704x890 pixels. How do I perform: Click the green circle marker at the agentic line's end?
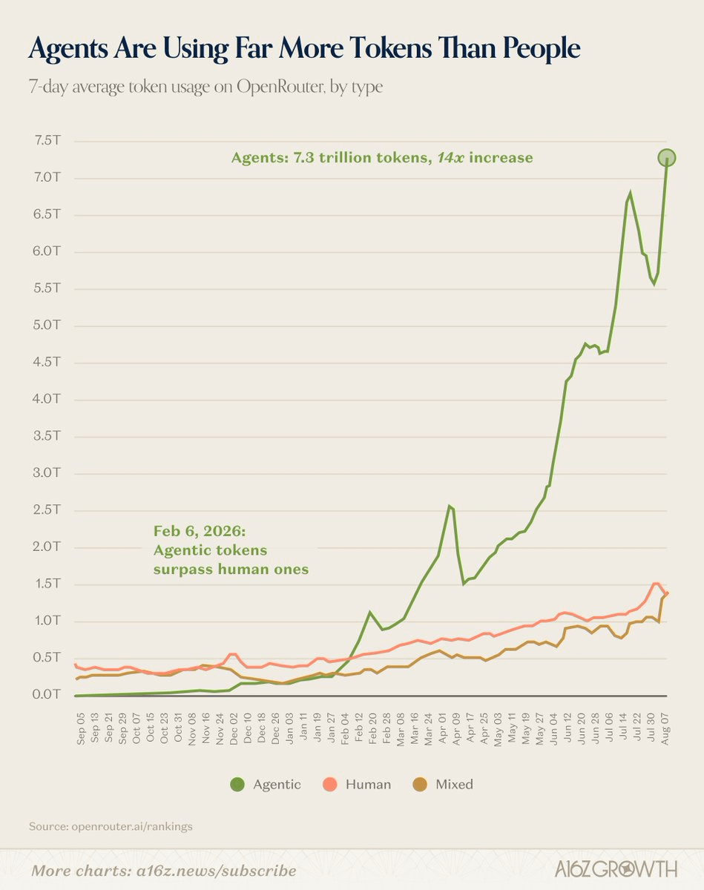[667, 157]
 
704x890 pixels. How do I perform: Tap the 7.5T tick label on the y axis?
[47, 141]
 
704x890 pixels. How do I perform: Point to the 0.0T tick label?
[47, 694]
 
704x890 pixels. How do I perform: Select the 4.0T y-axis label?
[47, 399]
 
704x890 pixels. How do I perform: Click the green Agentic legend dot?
[237, 783]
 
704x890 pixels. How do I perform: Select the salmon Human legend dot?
[329, 783]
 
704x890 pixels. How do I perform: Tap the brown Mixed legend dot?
[421, 783]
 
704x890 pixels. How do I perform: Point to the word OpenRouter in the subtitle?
[280, 87]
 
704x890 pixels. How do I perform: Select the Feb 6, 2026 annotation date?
[200, 531]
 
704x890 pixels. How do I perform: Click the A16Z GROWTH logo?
[616, 869]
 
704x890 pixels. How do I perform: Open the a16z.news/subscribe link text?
[217, 871]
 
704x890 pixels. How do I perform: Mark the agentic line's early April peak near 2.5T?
[450, 506]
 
